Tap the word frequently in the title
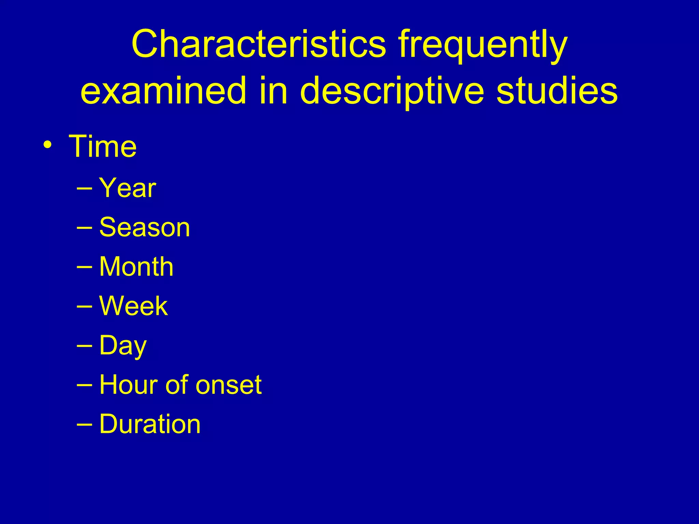pos(483,46)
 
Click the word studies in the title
pos(556,91)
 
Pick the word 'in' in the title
pos(273,91)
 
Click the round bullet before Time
pos(48,145)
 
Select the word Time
pos(103,147)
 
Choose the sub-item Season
pos(144,228)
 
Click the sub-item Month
pos(136,267)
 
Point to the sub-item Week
pos(133,306)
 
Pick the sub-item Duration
pos(150,424)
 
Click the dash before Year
pos(84,188)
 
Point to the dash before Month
pos(84,267)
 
